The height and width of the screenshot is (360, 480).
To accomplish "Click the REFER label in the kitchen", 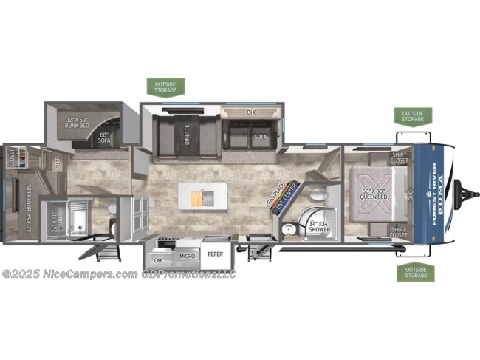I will click(215, 253).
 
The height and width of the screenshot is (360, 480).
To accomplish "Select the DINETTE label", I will click(187, 137).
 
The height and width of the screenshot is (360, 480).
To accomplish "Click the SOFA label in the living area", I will click(260, 137).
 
